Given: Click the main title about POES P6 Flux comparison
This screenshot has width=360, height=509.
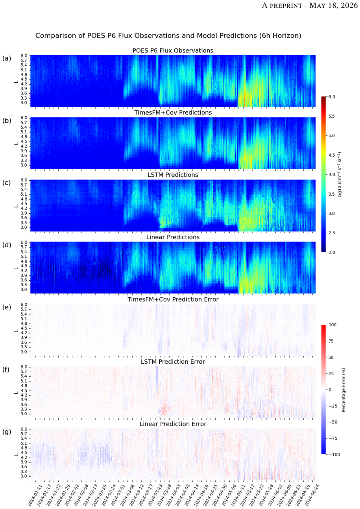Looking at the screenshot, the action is [168, 36].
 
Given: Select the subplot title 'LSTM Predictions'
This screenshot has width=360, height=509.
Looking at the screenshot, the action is [173, 175].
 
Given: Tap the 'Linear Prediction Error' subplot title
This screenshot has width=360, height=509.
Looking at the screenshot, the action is [173, 424].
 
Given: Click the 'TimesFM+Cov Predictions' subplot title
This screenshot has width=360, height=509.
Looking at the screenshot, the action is [173, 113].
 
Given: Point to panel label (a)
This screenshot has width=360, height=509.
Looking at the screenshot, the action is [7, 59].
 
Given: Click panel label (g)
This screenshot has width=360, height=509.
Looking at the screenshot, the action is [7, 432].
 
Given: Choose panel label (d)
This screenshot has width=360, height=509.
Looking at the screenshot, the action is [7, 245].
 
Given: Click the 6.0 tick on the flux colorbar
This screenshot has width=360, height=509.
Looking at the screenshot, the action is [332, 97].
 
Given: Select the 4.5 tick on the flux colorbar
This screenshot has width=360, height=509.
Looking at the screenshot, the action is [332, 155].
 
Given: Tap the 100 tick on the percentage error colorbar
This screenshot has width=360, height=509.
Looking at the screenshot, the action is [332, 325].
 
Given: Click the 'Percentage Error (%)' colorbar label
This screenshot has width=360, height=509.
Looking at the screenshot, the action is [343, 390].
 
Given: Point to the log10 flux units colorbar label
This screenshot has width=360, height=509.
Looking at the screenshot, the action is [340, 174].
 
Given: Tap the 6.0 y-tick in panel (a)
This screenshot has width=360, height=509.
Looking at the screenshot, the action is [24, 56].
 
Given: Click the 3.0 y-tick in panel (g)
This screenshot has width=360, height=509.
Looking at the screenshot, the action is [24, 476].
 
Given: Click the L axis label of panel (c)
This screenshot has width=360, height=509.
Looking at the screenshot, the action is [16, 206].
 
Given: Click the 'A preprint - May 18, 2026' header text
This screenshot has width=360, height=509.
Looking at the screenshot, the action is [310, 6].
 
